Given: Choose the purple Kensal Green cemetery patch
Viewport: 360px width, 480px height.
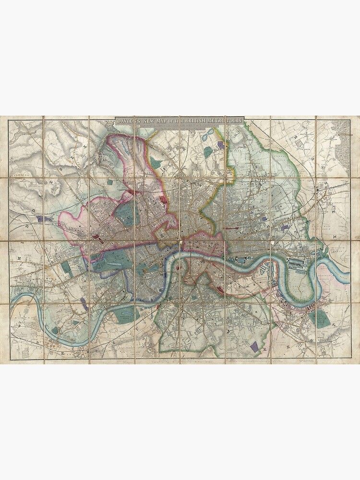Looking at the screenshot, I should click(x=46, y=219).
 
